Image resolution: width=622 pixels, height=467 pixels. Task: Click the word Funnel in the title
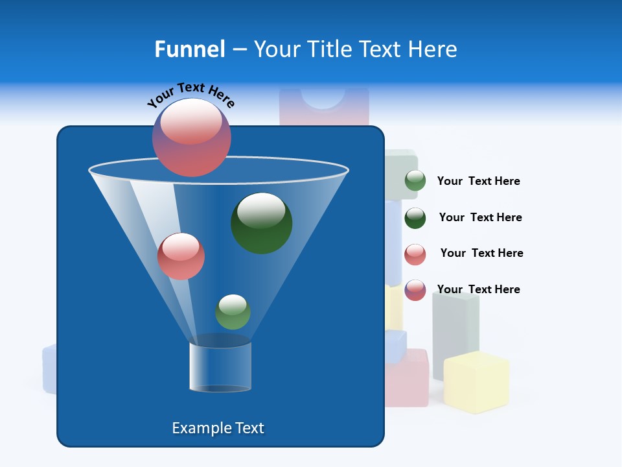[x=189, y=49]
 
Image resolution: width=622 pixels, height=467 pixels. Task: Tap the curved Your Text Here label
[x=190, y=95]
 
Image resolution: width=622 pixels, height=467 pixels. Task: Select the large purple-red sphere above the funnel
[x=192, y=138]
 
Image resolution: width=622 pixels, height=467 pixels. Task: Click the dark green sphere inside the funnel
[x=261, y=222]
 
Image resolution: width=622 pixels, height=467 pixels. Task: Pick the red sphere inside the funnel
[x=181, y=256]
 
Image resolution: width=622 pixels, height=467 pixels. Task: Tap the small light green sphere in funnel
[x=233, y=312]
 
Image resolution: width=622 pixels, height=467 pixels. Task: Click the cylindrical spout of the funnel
[x=220, y=366]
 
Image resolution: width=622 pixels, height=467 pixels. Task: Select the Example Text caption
[x=218, y=428]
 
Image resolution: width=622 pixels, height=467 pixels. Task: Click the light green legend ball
[x=415, y=181]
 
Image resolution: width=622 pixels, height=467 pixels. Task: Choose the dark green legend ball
[x=415, y=218]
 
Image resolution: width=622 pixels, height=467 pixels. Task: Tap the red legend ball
[x=415, y=254]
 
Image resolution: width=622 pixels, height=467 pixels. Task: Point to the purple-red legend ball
[x=415, y=290]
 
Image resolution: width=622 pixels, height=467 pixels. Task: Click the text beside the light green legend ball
[x=478, y=181]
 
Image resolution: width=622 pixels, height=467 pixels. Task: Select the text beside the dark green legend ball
[x=480, y=217]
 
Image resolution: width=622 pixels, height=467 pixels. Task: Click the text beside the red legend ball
[x=481, y=253]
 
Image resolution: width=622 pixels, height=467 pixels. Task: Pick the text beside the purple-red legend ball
[x=478, y=289]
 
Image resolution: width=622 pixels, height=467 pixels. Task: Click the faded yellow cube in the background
[x=476, y=383]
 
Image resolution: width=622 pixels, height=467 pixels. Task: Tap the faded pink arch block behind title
[x=324, y=107]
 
